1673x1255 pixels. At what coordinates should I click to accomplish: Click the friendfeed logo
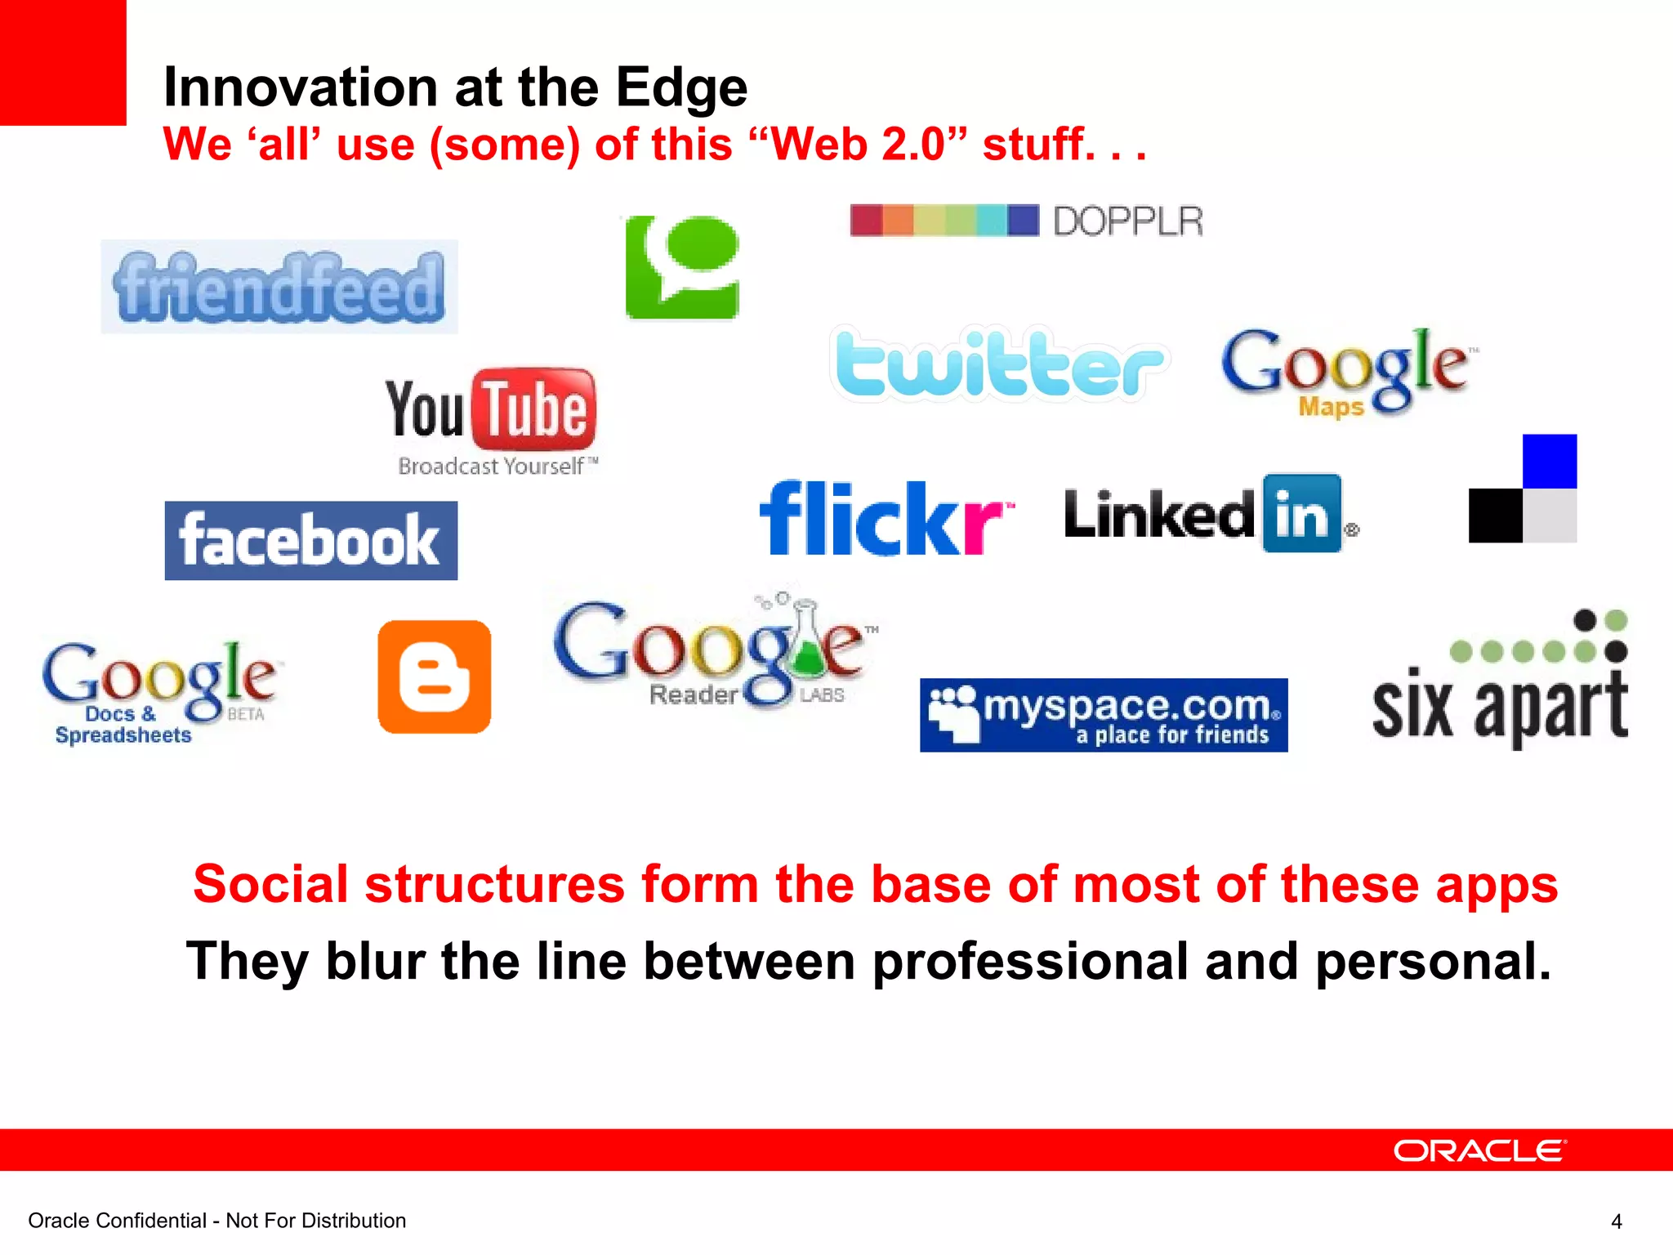tap(279, 287)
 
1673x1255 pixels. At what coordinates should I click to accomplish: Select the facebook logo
tap(310, 541)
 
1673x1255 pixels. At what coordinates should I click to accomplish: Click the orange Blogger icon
tap(435, 677)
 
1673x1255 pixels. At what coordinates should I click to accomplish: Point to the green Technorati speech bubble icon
tap(683, 267)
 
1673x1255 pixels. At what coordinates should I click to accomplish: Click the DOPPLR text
tap(1127, 221)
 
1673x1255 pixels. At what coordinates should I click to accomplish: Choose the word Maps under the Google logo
tap(1331, 406)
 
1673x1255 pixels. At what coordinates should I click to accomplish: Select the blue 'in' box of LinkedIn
tap(1301, 514)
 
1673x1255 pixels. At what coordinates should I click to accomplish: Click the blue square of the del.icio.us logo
tap(1549, 462)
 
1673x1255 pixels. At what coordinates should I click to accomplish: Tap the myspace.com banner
tap(1104, 715)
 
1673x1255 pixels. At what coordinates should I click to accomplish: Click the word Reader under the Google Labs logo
tap(694, 694)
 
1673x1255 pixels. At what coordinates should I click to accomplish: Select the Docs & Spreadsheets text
tap(123, 725)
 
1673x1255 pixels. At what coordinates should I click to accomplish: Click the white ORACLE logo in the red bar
tap(1479, 1150)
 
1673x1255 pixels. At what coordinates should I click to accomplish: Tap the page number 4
tap(1616, 1222)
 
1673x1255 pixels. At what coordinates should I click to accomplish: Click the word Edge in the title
tap(681, 87)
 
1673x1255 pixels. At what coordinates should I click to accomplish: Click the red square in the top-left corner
tap(63, 62)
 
